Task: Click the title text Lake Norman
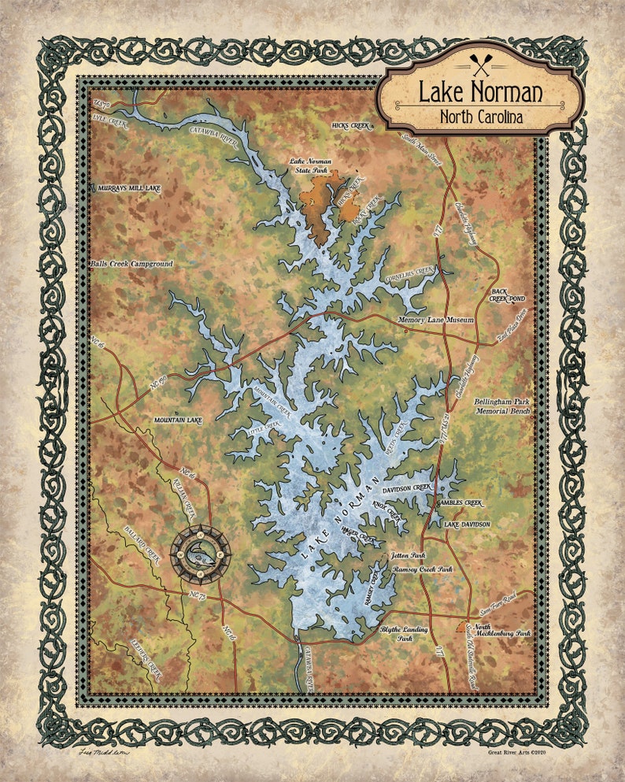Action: [x=479, y=92]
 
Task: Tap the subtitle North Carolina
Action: [x=480, y=117]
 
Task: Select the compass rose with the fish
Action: [x=201, y=549]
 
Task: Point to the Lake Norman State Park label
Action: [x=310, y=165]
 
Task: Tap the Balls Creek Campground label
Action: [x=131, y=264]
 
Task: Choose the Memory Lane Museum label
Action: [x=436, y=320]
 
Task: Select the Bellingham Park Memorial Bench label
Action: [x=503, y=406]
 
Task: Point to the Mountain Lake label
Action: [x=178, y=421]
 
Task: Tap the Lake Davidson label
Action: [x=466, y=524]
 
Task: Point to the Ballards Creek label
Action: [x=142, y=544]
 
